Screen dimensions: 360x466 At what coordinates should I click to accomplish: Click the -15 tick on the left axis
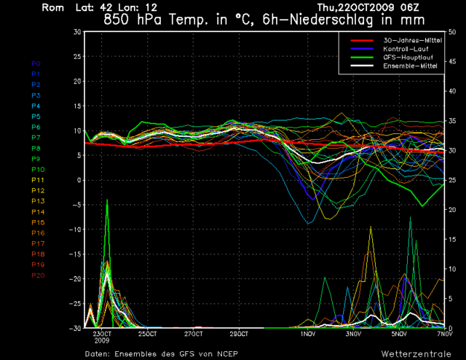point(76,230)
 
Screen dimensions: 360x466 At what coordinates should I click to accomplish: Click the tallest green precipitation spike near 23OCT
point(108,200)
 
